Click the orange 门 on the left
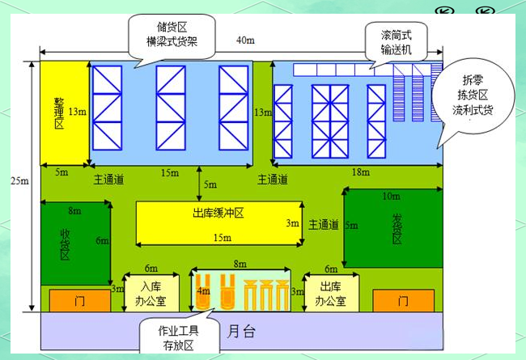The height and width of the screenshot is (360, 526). coord(79,301)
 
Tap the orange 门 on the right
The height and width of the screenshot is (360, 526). coord(402,301)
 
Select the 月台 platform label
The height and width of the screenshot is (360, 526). coord(235,330)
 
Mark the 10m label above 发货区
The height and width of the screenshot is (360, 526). coord(390,196)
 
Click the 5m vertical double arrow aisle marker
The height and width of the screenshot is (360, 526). coord(199,184)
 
